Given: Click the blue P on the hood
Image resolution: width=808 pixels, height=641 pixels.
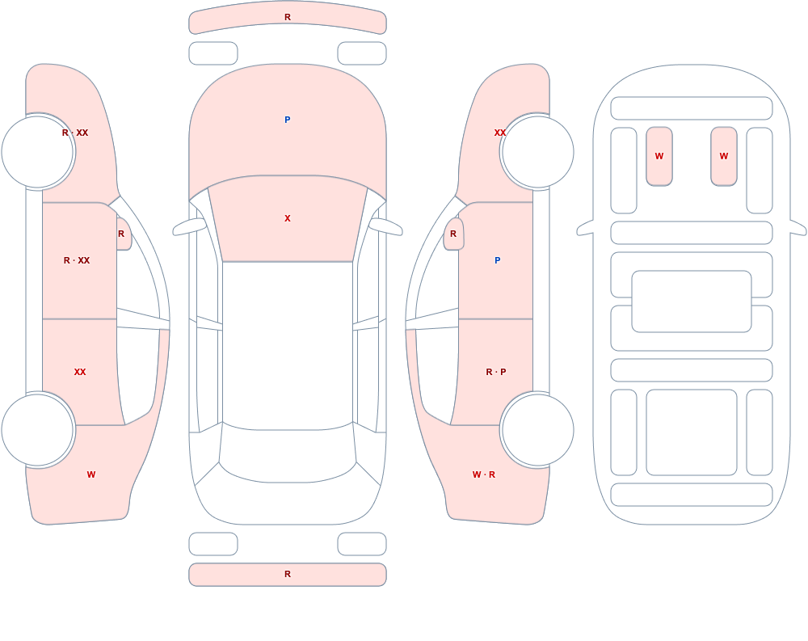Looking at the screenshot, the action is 288,120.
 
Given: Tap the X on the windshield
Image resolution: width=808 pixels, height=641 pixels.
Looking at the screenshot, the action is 288,219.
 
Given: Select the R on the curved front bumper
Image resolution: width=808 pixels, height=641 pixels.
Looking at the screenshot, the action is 288,18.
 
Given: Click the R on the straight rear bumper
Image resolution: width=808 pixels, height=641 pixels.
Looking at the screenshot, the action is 288,574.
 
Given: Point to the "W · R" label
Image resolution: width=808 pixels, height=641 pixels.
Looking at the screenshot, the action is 484,474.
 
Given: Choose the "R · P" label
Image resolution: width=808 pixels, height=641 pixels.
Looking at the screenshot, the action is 496,372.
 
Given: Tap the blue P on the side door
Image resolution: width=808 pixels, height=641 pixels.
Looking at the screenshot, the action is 497,260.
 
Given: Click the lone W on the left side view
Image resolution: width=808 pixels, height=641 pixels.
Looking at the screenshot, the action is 91,474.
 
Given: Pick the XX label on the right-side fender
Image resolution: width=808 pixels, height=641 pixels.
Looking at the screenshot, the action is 499,133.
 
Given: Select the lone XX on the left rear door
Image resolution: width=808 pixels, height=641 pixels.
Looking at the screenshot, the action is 80,372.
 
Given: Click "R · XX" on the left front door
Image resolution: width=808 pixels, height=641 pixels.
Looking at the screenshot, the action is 77,260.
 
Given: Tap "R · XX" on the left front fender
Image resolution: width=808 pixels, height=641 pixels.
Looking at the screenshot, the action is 75,133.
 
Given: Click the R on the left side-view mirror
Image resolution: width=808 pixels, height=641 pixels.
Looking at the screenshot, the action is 121,234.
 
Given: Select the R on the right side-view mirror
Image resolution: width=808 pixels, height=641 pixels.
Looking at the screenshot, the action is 453,234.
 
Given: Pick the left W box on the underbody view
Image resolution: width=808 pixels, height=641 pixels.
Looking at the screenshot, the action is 659,156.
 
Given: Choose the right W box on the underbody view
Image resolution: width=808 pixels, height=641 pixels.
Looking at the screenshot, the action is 724,156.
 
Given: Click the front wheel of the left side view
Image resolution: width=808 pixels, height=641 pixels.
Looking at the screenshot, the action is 38,152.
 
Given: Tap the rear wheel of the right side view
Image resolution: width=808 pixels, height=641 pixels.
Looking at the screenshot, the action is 537,430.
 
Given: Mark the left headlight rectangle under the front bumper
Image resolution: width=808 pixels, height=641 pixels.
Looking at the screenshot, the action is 213,53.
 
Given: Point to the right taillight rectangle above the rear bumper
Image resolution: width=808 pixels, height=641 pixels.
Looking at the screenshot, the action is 362,544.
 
